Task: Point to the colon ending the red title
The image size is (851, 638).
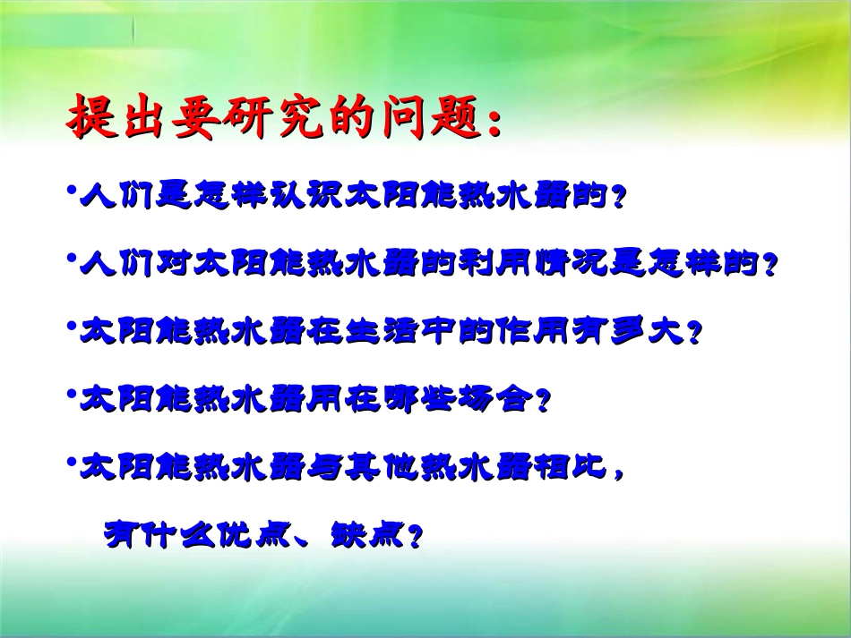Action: [x=494, y=123]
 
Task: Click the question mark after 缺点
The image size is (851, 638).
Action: [x=415, y=537]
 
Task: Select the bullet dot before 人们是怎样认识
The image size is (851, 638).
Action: [x=71, y=190]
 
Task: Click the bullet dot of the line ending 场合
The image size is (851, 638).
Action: [x=71, y=394]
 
